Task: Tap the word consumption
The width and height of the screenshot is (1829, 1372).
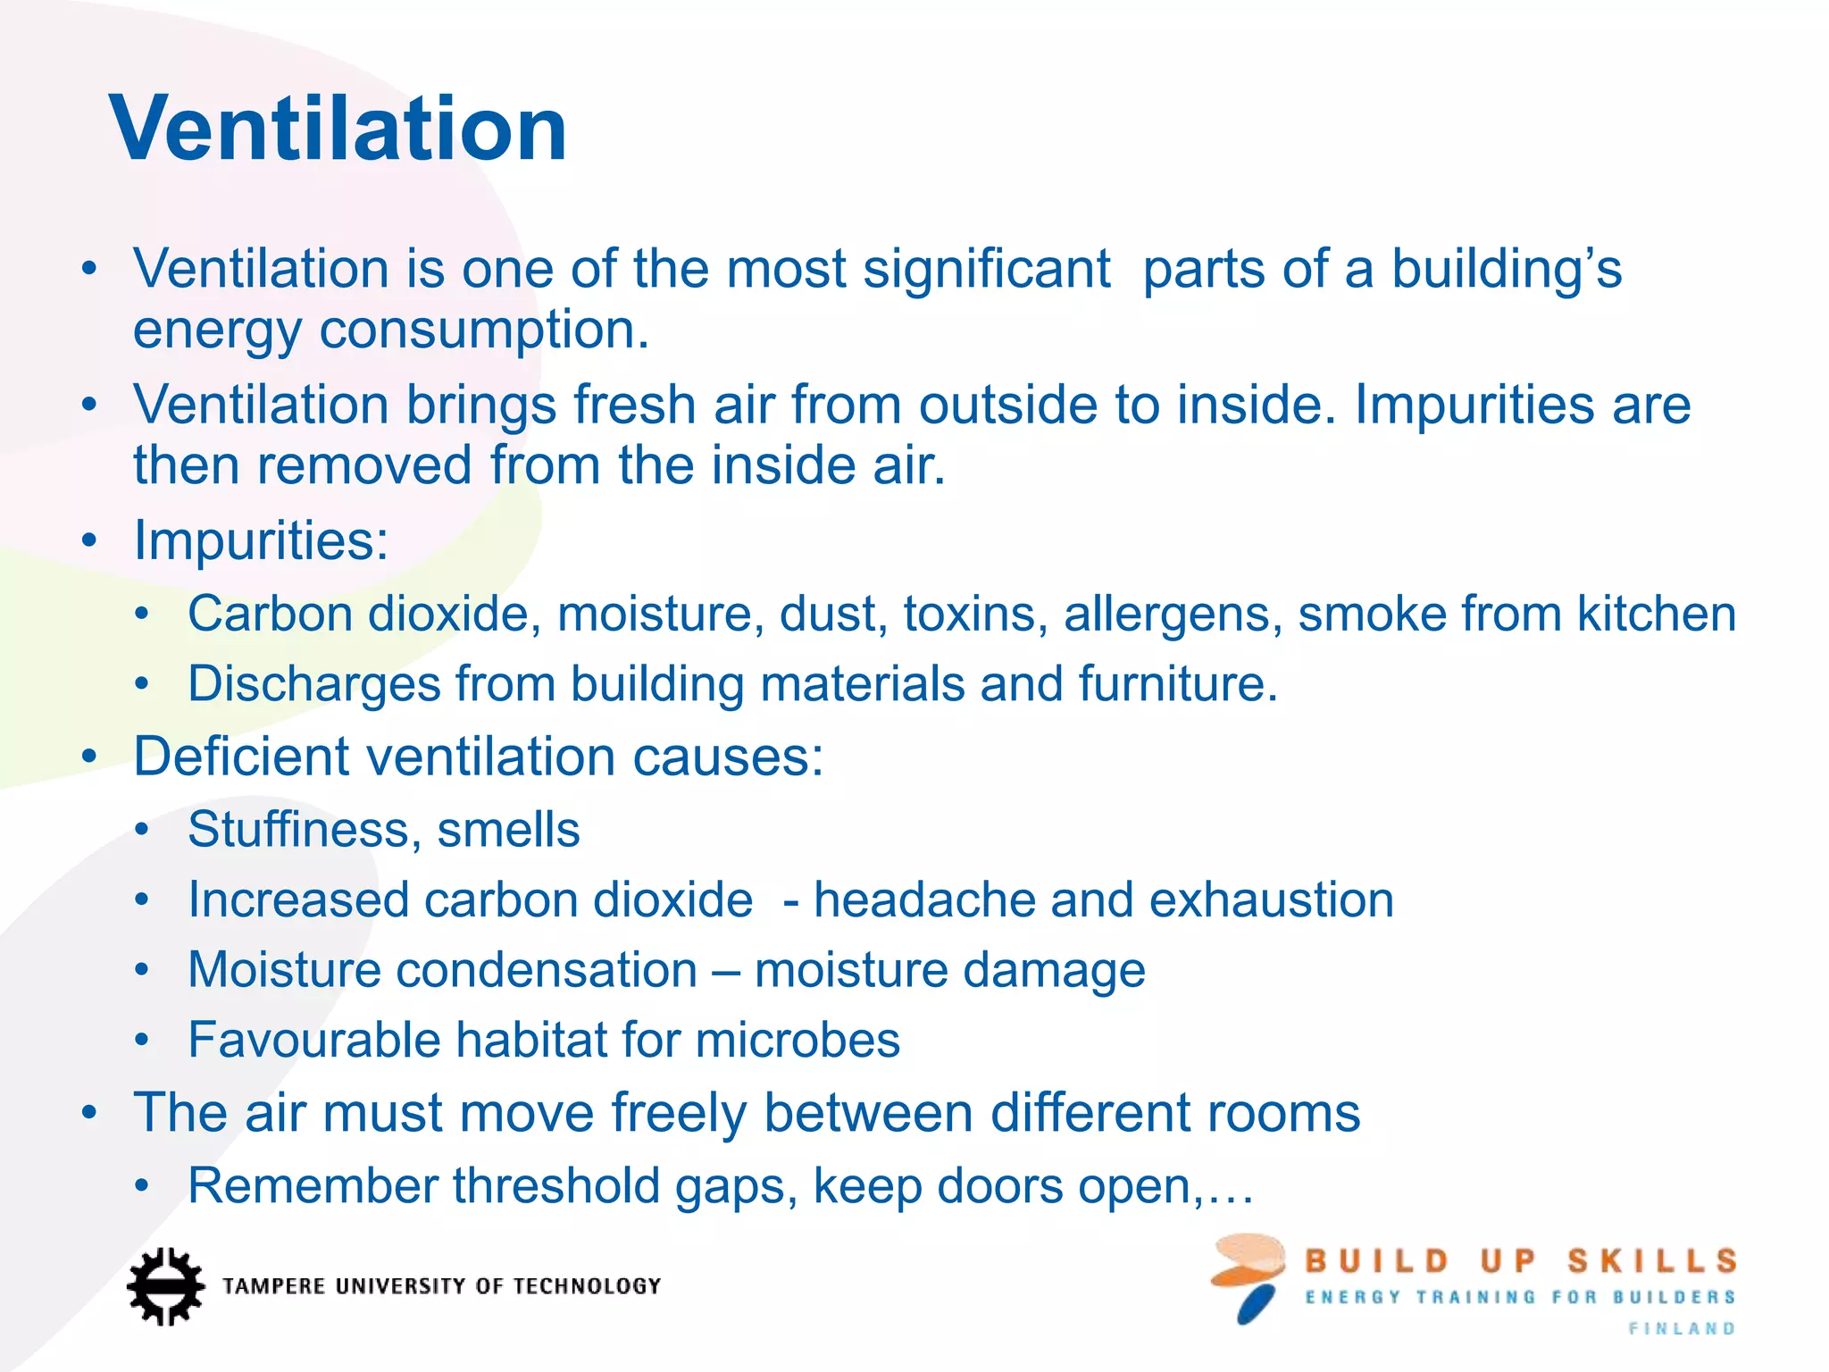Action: coord(483,330)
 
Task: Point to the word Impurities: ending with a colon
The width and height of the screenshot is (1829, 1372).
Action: coord(261,541)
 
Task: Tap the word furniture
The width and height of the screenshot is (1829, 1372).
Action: coord(1177,684)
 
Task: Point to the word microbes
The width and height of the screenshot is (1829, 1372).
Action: coord(797,1040)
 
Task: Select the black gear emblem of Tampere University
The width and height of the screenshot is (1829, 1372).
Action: coord(165,1286)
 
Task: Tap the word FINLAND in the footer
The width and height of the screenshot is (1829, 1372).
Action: coord(1682,1329)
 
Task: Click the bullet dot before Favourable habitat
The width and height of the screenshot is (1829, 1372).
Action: coord(142,1041)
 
